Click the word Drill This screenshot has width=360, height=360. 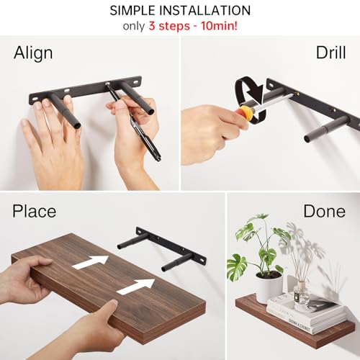331,54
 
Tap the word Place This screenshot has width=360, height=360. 35,211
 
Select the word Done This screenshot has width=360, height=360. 324,211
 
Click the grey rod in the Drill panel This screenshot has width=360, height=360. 320,130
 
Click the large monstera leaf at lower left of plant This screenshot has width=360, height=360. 238,266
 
